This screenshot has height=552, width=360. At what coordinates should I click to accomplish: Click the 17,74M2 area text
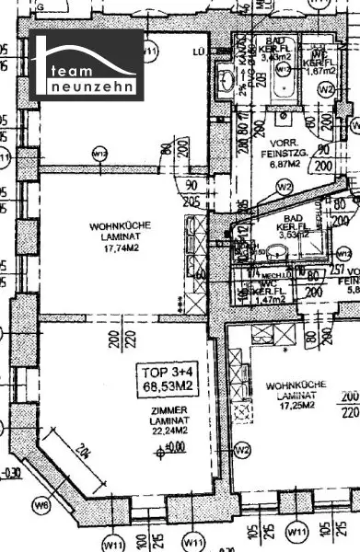(121, 247)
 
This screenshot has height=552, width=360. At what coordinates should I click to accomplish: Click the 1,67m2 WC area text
(318, 70)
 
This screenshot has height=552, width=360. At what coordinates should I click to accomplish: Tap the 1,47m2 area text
(269, 302)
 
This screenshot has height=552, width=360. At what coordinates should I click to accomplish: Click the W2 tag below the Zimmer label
(242, 450)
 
